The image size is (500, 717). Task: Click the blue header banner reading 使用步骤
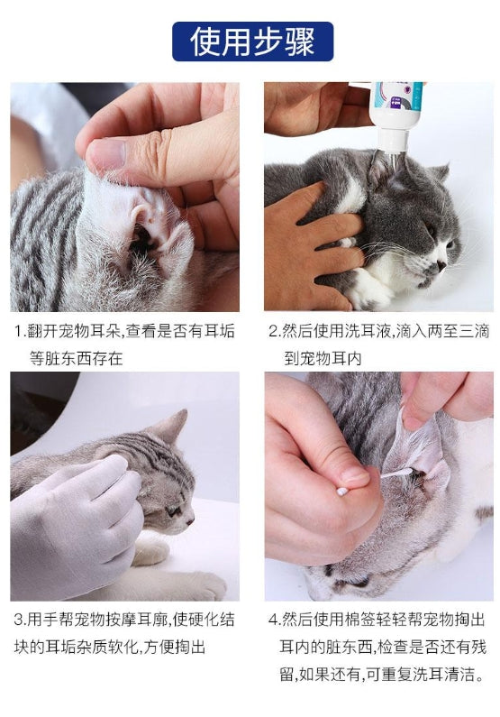click(x=252, y=41)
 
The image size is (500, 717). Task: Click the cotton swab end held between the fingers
click(x=343, y=492)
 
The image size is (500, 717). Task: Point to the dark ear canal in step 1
click(x=141, y=238)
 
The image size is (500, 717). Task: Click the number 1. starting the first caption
click(x=20, y=331)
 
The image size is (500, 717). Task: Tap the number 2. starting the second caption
click(x=274, y=331)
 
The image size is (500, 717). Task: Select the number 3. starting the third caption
click(x=20, y=620)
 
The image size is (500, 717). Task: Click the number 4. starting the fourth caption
click(x=274, y=620)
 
